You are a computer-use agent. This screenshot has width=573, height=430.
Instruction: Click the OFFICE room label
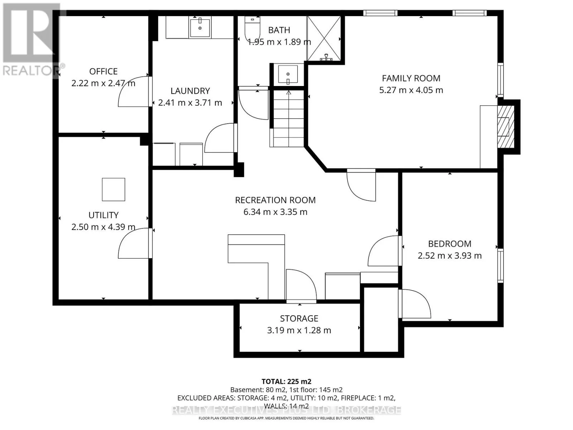point(103,71)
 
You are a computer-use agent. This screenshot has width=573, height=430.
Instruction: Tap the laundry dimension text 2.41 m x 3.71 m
point(190,102)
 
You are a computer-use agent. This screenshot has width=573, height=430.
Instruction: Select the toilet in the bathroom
point(252,28)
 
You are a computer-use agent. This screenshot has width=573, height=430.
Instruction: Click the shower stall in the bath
point(324,38)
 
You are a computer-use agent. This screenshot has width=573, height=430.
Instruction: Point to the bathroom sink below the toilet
point(288,75)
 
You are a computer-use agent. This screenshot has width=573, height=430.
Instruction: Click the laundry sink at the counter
point(200,28)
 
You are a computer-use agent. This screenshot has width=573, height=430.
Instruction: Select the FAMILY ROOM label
point(411,78)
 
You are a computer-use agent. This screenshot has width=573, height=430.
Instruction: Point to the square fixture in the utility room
point(113,189)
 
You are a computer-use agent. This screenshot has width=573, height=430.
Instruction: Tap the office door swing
point(133,92)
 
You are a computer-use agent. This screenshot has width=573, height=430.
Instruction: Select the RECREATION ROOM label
point(275,200)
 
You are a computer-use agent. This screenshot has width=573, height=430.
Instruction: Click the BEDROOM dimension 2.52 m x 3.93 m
point(449,255)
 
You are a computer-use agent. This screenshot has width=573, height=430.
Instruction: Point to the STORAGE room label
point(299,319)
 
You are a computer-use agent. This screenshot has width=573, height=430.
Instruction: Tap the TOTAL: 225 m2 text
point(286,382)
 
